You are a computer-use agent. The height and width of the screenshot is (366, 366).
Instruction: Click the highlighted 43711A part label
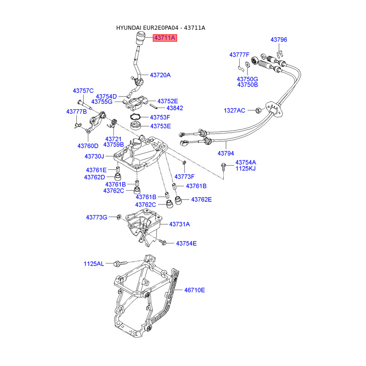tap(165, 38)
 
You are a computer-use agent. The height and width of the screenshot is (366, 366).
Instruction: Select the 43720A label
tap(161, 75)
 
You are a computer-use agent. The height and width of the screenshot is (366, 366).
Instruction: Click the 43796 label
tap(279, 40)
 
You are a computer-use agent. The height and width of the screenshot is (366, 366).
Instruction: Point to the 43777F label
tap(239, 55)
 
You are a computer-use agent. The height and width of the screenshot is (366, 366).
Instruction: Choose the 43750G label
tap(248, 79)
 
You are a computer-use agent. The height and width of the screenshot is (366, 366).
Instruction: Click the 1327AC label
tap(235, 110)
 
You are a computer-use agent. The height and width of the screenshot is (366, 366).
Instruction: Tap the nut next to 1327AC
tap(257, 110)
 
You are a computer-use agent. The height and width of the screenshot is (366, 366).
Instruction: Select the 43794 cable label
tap(226, 153)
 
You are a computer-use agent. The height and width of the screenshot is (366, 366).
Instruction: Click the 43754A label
tap(246, 162)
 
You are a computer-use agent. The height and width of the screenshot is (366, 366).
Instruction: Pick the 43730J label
tap(94, 156)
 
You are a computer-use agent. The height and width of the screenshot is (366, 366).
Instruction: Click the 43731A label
tap(179, 224)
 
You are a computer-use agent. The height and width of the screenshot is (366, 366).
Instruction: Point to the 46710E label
tap(194, 290)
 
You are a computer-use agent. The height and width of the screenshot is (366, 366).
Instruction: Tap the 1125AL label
tap(94, 264)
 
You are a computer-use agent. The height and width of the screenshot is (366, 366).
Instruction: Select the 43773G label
tap(97, 217)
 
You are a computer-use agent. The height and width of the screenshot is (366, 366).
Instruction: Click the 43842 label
tap(174, 108)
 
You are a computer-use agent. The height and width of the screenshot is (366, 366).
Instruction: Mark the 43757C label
tap(83, 91)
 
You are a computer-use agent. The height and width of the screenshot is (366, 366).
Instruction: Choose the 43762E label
tap(201, 199)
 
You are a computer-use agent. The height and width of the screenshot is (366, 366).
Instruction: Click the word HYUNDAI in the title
tap(129, 28)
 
